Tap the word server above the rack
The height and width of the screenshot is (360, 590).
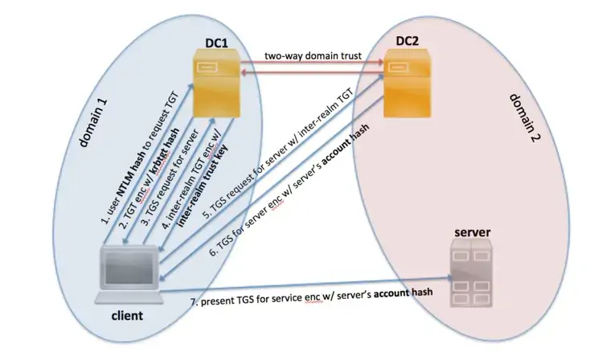pos(472,233)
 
